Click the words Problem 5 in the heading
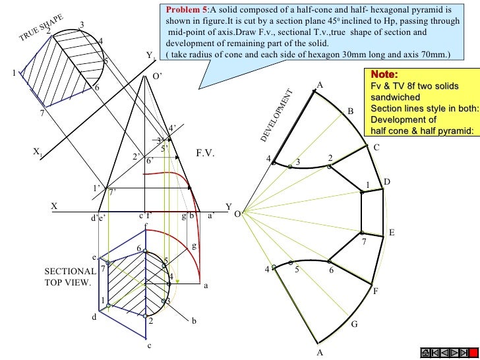pos(187,11)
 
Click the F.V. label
pos(206,153)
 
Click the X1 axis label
pos(37,152)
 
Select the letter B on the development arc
pos(351,112)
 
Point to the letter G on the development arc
pos(354,324)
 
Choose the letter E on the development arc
pos(391,233)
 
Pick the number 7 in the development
pos(363,243)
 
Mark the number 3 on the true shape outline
pos(81,25)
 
